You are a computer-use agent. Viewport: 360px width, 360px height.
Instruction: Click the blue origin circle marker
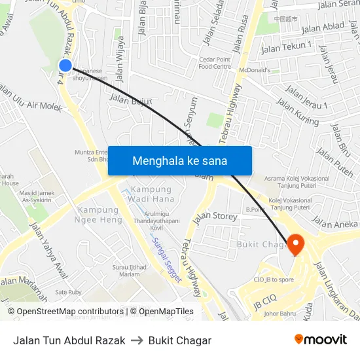click(65, 65)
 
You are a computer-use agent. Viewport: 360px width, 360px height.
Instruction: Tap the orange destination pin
click(295, 245)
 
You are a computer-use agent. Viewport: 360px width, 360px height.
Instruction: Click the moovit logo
click(321, 339)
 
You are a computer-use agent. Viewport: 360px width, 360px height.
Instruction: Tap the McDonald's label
click(254, 70)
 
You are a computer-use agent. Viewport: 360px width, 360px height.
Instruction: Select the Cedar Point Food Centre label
click(215, 63)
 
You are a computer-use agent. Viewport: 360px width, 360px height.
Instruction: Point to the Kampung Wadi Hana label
click(151, 194)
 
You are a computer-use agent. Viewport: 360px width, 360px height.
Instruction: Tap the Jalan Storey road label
click(215, 215)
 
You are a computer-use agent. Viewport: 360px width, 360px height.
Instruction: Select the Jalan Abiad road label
click(322, 26)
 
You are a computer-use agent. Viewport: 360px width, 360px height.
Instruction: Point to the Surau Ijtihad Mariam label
click(128, 271)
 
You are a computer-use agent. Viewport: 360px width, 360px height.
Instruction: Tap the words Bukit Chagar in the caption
click(180, 340)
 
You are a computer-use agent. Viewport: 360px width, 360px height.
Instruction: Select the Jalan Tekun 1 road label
click(286, 47)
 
